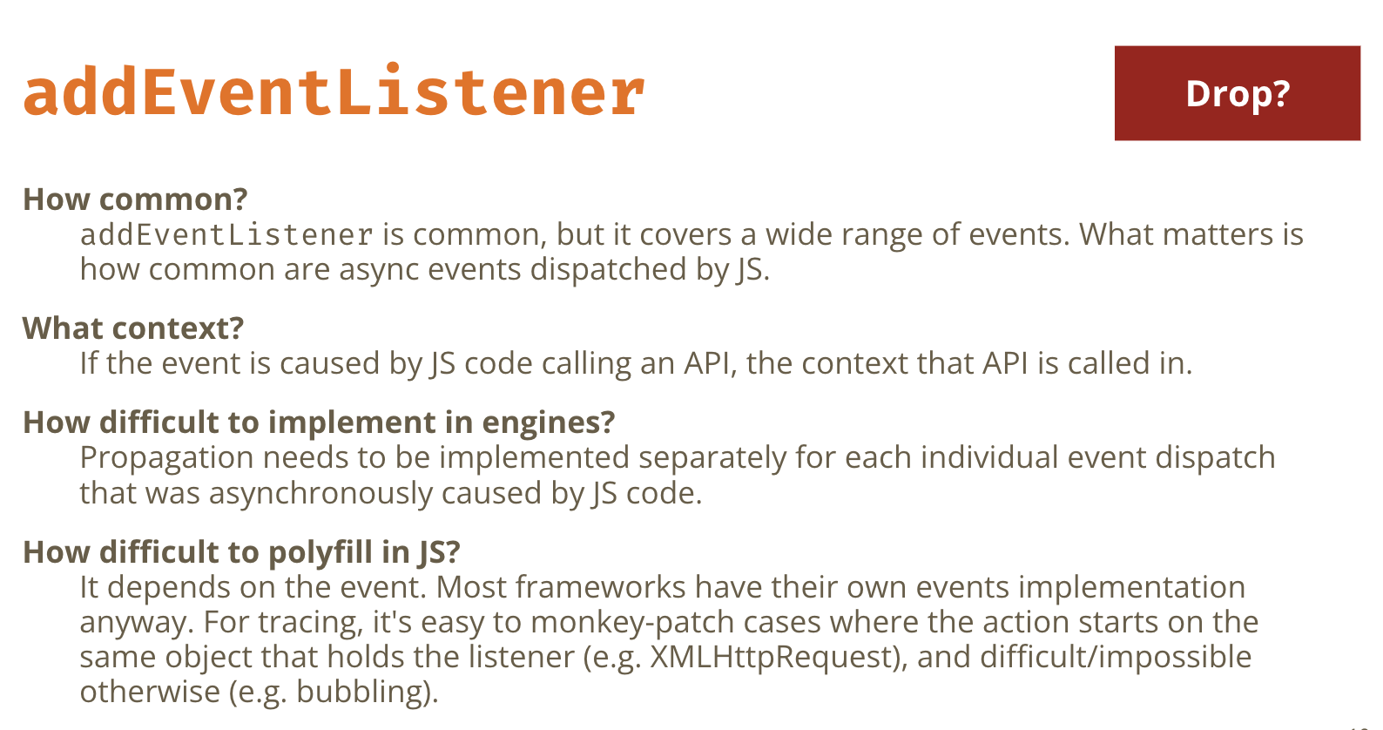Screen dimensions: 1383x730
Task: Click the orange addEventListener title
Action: pyautogui.click(x=334, y=91)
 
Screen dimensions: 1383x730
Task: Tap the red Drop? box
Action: pyautogui.click(x=1238, y=93)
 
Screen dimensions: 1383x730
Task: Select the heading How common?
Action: pyautogui.click(x=135, y=199)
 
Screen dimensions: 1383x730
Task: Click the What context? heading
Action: pyautogui.click(x=133, y=328)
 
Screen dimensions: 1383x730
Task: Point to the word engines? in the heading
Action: pyautogui.click(x=549, y=423)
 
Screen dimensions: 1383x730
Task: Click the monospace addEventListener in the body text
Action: pyautogui.click(x=226, y=234)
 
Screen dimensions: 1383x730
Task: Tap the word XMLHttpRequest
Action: pyautogui.click(x=773, y=657)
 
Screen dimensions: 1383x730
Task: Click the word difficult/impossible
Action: pyautogui.click(x=1116, y=657)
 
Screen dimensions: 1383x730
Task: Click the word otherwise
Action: pyautogui.click(x=150, y=692)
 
